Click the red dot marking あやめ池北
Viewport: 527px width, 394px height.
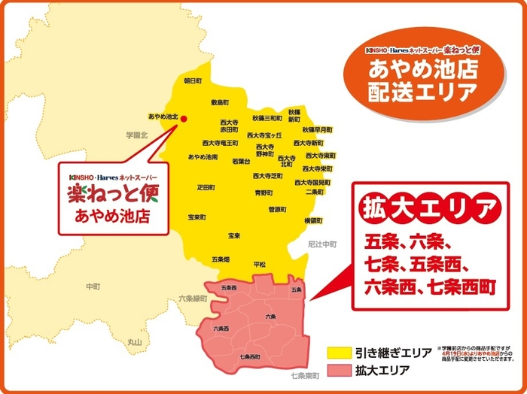183,118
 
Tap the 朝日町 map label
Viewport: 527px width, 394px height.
193,80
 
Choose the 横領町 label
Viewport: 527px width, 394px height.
313,220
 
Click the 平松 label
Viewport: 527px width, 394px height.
260,265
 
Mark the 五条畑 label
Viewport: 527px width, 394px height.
221,259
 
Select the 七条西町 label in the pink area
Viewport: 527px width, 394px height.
249,356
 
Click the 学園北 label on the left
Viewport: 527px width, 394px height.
137,133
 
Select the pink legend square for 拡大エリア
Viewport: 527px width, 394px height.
336,370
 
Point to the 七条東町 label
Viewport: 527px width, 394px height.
306,374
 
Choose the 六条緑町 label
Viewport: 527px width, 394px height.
193,299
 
